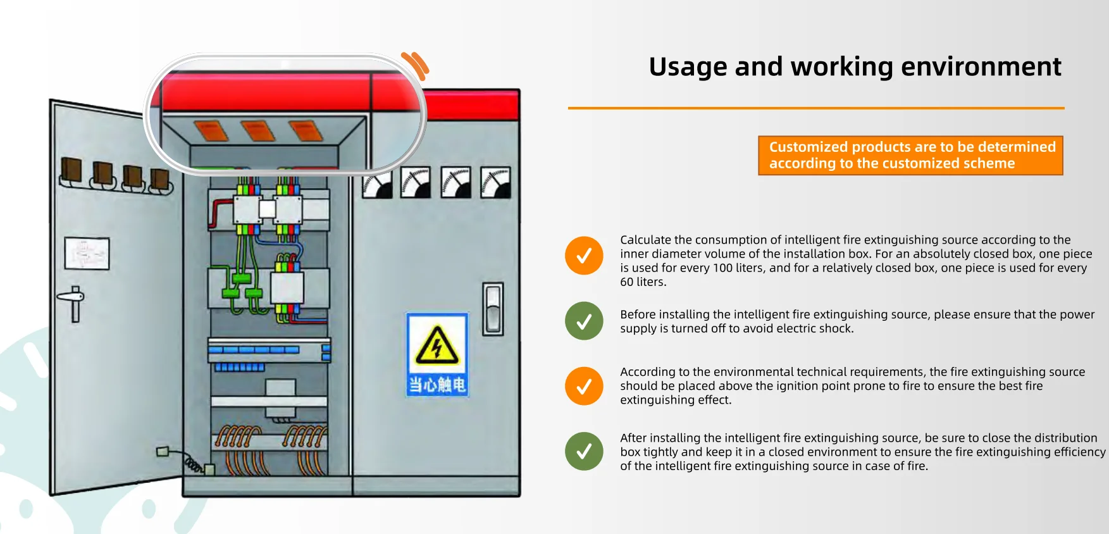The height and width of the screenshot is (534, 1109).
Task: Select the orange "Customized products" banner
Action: [x=910, y=155]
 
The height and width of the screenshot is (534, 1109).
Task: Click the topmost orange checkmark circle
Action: [x=584, y=256]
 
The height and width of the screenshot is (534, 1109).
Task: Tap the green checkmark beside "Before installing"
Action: [x=584, y=321]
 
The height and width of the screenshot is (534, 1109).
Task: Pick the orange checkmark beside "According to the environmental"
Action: [x=584, y=386]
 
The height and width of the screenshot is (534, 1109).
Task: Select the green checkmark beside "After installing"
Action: [x=584, y=451]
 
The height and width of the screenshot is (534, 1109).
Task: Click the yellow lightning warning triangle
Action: [x=437, y=345]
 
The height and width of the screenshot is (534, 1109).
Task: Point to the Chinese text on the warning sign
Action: [x=437, y=385]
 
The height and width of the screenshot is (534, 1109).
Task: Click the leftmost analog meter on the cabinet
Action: [x=377, y=183]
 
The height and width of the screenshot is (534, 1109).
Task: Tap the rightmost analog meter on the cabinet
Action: [x=495, y=183]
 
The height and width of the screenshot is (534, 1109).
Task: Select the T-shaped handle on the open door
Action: [x=73, y=303]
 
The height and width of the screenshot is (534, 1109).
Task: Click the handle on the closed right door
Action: [x=493, y=309]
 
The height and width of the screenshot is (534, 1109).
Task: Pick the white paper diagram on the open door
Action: [x=87, y=254]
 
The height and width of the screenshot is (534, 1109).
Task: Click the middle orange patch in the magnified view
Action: [x=257, y=130]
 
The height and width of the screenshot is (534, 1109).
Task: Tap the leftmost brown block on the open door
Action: [x=71, y=171]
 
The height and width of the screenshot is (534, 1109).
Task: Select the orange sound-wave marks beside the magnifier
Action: [x=416, y=66]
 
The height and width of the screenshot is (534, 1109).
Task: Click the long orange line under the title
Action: [x=816, y=108]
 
